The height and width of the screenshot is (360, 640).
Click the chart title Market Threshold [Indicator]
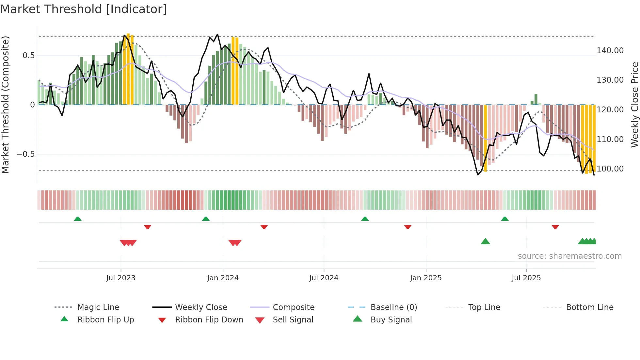click(84, 9)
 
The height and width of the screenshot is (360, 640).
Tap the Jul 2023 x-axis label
click(120, 278)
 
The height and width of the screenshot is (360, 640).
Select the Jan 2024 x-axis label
click(223, 278)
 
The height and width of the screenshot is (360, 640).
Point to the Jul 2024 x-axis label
click(324, 278)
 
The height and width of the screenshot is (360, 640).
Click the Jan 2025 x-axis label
click(426, 278)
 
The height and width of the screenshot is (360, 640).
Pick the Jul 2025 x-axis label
click(526, 278)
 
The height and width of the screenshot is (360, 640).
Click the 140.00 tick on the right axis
click(610, 51)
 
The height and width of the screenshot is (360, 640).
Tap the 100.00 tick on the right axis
click(610, 169)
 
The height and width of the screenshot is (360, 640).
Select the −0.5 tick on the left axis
click(25, 154)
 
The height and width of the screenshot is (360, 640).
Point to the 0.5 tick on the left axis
click(28, 56)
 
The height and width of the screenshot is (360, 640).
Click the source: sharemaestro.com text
click(569, 256)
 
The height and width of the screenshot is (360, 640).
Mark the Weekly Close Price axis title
click(634, 105)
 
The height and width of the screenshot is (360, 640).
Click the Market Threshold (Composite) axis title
click(5, 105)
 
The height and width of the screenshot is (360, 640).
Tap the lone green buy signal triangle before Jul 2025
click(485, 242)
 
